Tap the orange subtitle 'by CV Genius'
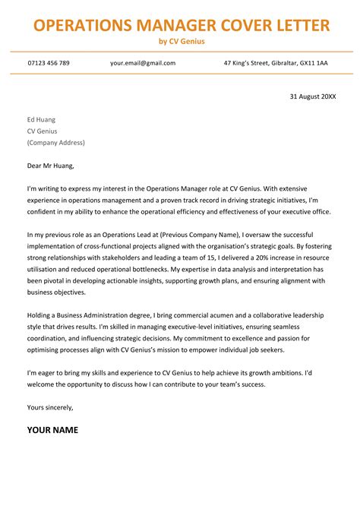[x=182, y=41]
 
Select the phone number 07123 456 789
[x=49, y=62]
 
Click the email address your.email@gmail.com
[x=142, y=62]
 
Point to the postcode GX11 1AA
[x=314, y=62]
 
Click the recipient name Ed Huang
[x=41, y=119]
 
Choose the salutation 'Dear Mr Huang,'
[x=51, y=165]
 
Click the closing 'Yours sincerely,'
[x=50, y=407]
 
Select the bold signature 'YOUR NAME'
[x=52, y=430]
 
